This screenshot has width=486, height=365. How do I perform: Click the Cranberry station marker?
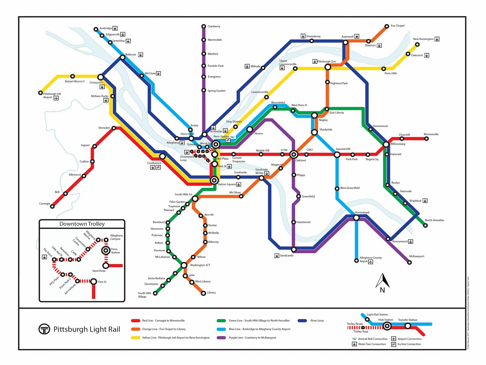(204, 26)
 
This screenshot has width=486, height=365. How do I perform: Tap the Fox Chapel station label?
(397, 26)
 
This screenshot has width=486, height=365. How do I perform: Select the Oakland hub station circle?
(293, 155)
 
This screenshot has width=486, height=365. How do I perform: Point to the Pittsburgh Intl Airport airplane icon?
(56, 98)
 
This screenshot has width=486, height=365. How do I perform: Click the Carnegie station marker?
(52, 206)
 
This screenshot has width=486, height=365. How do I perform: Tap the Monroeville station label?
(431, 134)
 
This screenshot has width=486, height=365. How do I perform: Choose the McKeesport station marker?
(409, 262)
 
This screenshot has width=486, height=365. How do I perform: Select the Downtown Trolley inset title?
(82, 224)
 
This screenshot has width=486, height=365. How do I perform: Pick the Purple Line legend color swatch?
(221, 338)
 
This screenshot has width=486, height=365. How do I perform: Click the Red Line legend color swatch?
(135, 321)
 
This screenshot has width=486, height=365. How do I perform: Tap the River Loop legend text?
(317, 321)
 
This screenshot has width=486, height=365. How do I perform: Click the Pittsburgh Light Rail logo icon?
(44, 329)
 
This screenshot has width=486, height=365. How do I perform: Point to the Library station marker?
(204, 293)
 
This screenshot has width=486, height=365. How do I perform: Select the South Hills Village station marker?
(155, 293)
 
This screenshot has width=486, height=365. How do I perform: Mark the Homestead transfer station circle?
(356, 217)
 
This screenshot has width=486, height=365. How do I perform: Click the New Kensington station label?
(423, 39)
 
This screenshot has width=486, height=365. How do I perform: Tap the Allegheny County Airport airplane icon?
(371, 262)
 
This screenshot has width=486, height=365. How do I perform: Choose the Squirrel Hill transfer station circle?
(337, 155)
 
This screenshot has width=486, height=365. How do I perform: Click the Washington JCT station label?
(200, 265)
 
